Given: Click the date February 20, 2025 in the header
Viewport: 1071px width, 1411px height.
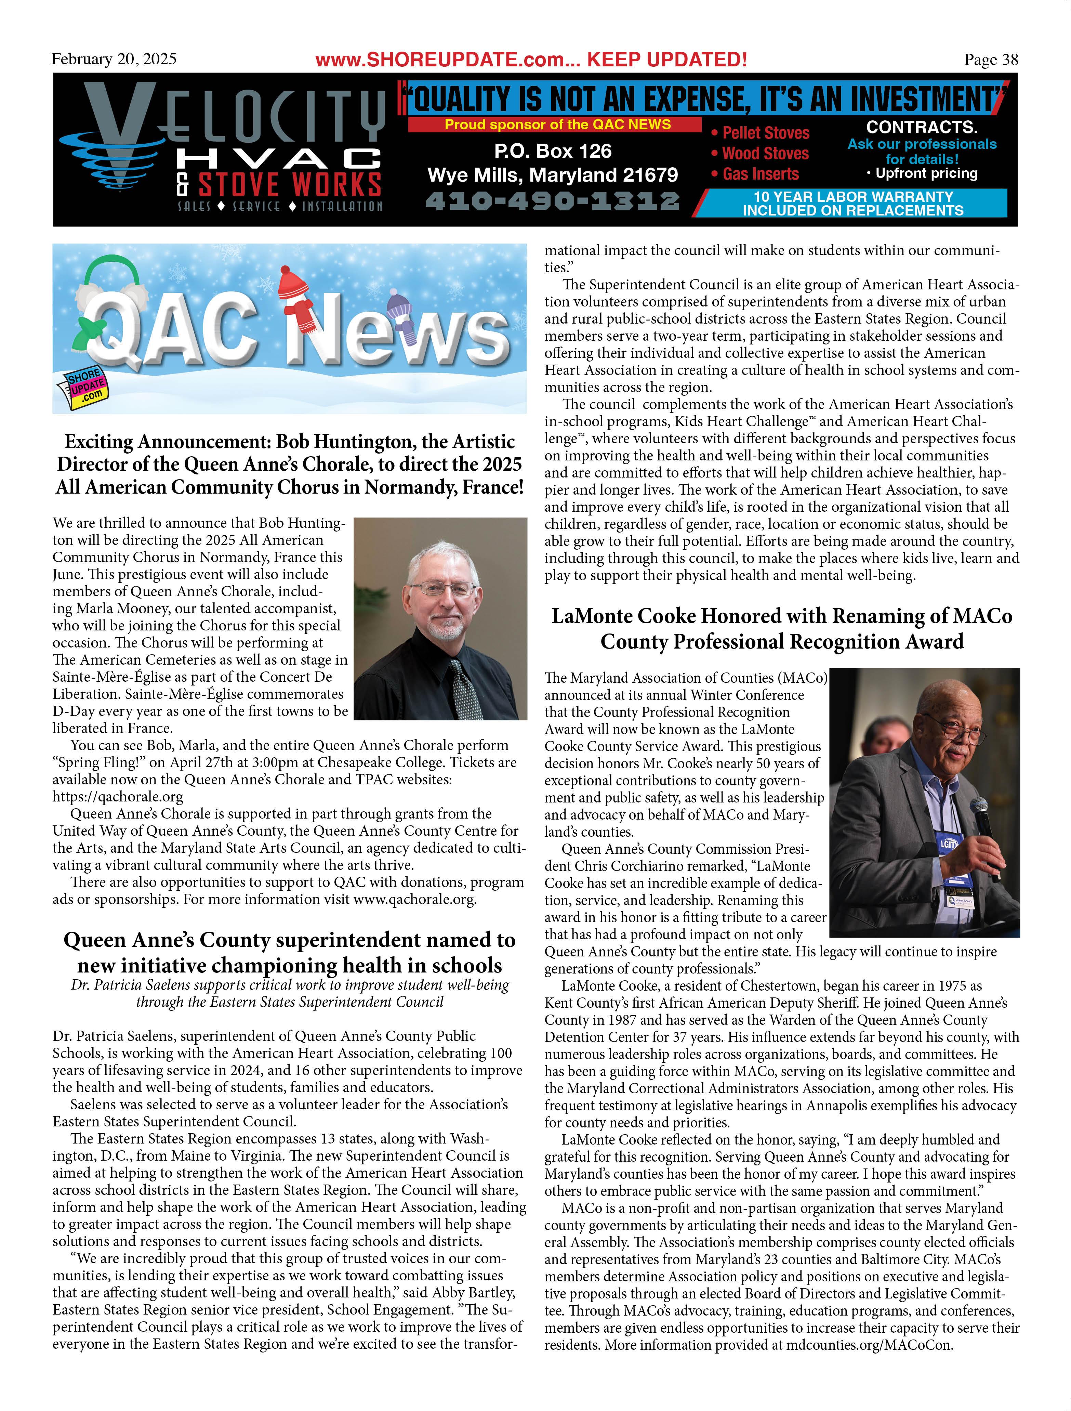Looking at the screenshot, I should (x=114, y=59).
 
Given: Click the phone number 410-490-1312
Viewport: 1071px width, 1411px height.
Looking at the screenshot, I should (x=552, y=201).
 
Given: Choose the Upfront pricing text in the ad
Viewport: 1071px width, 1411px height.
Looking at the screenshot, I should (x=926, y=173).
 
